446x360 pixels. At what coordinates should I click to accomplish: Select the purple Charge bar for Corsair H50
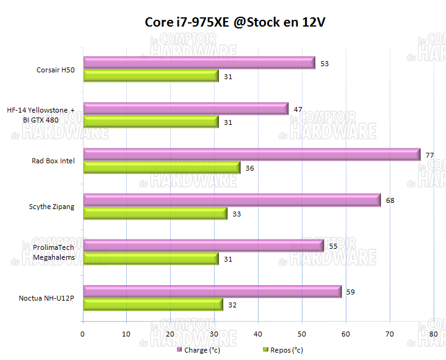(x=199, y=62)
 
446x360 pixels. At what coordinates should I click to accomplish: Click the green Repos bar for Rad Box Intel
(x=161, y=168)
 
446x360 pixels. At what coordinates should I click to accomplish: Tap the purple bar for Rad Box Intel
(x=251, y=154)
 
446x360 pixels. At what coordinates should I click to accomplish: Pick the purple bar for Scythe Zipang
(x=231, y=200)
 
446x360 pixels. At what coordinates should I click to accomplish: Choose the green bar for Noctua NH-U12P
(x=153, y=304)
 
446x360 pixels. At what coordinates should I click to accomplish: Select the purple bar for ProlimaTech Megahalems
(x=203, y=246)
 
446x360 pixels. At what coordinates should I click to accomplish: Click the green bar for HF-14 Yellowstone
(x=150, y=122)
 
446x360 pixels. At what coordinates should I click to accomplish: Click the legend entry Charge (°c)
(x=201, y=350)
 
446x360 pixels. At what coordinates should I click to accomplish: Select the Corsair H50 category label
(x=56, y=70)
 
